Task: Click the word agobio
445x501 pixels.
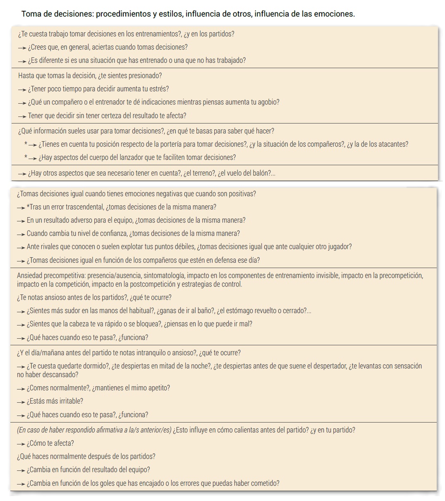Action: [x=269, y=102]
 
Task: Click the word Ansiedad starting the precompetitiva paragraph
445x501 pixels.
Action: [x=29, y=275]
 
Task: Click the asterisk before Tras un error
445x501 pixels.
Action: [x=28, y=207]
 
